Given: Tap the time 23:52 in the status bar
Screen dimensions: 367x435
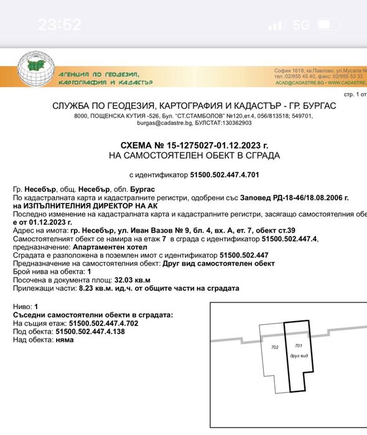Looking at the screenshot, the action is [x=60, y=25].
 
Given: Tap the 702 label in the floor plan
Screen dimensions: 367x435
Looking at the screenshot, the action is [x=274, y=348].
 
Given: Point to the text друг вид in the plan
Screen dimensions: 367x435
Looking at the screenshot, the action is [x=297, y=355].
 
